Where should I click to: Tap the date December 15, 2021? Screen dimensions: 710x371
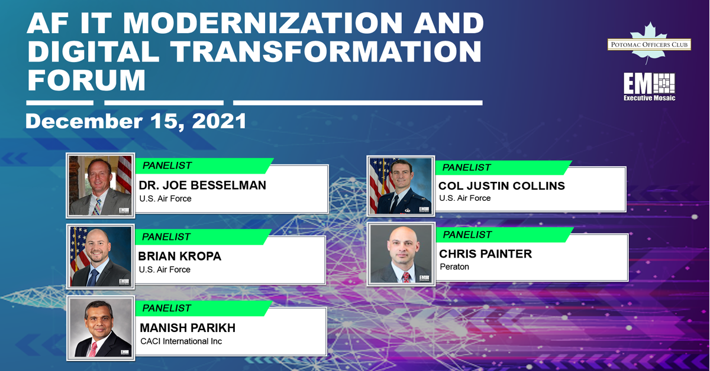(136, 121)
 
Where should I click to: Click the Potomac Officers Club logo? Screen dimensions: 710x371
(649, 44)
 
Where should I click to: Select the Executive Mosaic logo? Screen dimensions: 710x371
(649, 87)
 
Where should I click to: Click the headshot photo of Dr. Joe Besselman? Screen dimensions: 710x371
(101, 185)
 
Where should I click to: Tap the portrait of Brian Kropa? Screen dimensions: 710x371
(101, 256)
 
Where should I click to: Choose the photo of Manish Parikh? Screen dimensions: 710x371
(101, 328)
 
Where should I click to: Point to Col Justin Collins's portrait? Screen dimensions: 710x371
(401, 186)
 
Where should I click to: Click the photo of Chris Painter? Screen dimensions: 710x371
(401, 254)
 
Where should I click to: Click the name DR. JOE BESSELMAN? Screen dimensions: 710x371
(202, 185)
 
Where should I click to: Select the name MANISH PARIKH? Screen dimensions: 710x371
(188, 328)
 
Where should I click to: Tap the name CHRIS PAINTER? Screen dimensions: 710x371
(486, 254)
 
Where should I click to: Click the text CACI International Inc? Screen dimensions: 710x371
(181, 341)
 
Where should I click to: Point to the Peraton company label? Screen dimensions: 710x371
(454, 267)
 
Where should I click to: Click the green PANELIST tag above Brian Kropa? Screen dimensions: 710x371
(203, 237)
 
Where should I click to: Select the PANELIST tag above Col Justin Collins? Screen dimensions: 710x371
(504, 167)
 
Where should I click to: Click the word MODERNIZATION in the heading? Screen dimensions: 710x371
(262, 23)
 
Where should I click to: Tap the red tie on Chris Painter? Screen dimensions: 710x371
(406, 277)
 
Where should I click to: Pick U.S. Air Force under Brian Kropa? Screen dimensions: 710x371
(164, 270)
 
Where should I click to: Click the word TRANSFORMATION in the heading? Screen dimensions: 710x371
(326, 51)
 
